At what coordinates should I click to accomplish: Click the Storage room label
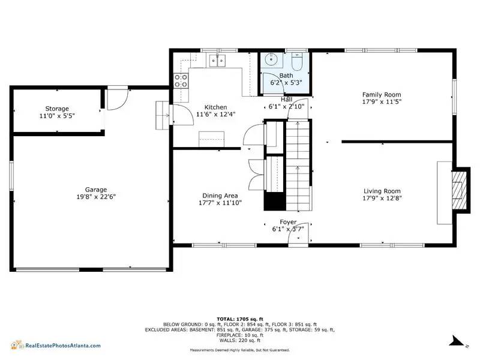57,109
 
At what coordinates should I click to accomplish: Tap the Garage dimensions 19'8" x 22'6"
96,197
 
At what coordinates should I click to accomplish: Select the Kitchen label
216,107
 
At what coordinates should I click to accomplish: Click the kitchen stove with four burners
181,80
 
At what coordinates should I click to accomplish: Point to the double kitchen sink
217,61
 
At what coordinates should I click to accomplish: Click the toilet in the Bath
297,62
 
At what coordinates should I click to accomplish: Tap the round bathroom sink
271,59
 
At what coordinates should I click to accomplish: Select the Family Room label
382,95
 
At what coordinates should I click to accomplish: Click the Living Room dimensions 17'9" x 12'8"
382,198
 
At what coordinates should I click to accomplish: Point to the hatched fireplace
459,190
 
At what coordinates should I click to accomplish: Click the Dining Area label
220,196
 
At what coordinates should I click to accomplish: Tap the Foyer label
288,222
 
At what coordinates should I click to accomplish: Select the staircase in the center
298,166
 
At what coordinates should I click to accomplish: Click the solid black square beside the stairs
275,201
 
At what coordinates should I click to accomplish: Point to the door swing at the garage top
117,100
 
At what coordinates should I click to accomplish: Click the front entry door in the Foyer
298,233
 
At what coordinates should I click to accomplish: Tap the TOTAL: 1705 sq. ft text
240,319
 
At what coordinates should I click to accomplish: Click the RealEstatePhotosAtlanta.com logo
56,346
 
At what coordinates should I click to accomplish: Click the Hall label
287,100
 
